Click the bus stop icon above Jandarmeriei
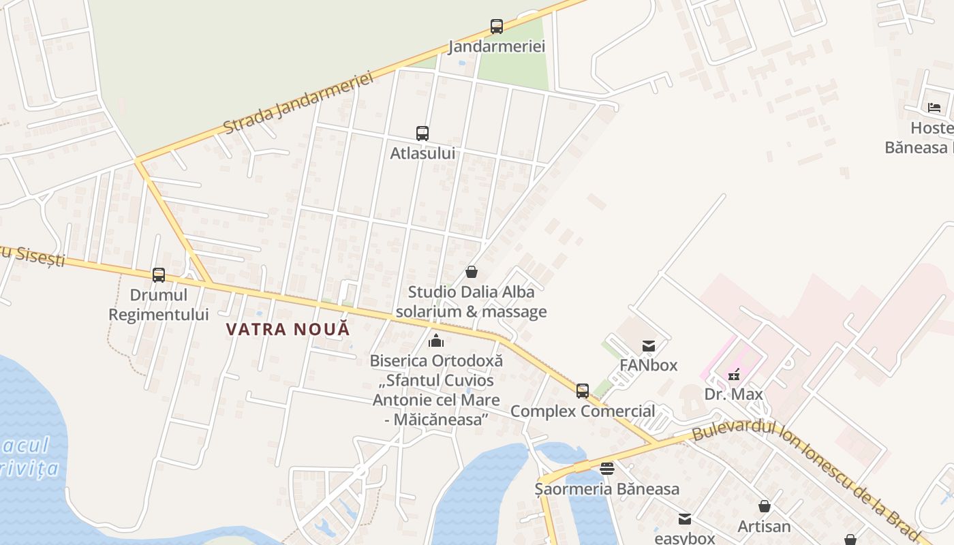[497, 27]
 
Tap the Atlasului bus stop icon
[422, 134]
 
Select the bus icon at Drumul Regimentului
[159, 275]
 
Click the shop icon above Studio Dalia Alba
[472, 272]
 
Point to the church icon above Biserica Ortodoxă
[436, 341]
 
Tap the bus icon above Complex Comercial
[583, 391]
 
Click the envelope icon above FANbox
[649, 346]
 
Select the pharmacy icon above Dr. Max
[734, 374]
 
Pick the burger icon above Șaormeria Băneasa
[607, 469]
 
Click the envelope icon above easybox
[685, 519]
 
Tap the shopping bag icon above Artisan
[765, 506]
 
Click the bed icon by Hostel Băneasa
[934, 108]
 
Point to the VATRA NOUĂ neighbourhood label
[288, 329]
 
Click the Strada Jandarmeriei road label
[299, 104]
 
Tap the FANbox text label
[649, 365]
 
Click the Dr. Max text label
[734, 394]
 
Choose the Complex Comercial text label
[583, 411]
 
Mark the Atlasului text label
[422, 153]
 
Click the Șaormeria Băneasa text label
[607, 489]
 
